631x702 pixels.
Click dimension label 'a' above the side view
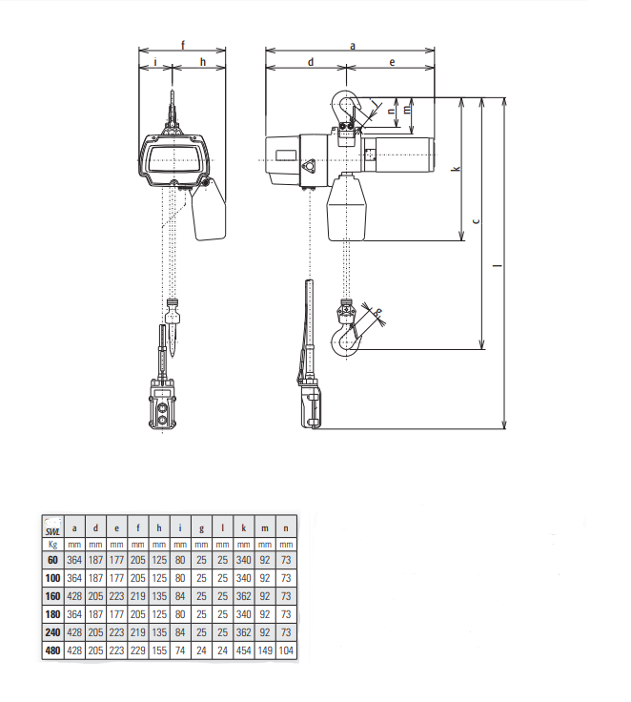click(353, 46)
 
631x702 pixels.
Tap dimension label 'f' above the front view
click(183, 45)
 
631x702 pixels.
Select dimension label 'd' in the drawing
click(311, 62)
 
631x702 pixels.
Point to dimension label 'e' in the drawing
click(392, 62)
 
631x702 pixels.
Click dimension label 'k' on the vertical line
click(457, 169)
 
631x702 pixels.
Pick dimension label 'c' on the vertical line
click(477, 220)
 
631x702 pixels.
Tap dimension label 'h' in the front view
click(203, 62)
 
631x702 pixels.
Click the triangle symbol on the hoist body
click(308, 167)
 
